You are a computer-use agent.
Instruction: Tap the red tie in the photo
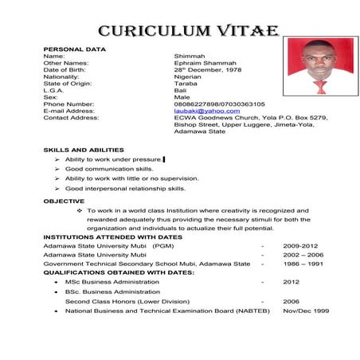pos(319,85)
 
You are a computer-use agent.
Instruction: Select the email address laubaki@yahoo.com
pos(206,111)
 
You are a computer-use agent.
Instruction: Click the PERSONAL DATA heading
pos(74,49)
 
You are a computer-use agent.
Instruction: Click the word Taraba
pos(185,84)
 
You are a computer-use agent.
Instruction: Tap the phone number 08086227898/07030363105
pos(220,104)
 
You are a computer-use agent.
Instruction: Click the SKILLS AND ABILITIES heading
pos(84,150)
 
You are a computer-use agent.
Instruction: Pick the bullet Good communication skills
pos(109,170)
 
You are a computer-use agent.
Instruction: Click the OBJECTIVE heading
pos(64,202)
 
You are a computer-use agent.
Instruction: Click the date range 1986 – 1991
pos(303,264)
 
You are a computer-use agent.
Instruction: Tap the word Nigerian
pos(189,77)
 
